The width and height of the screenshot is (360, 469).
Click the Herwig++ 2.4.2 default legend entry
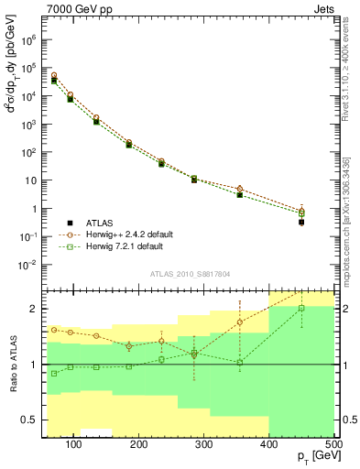[x=118, y=234]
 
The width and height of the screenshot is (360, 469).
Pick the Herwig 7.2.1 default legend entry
[x=115, y=246]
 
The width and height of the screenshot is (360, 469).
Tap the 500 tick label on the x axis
[x=333, y=446]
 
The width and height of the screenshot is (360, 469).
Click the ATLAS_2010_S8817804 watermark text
[x=190, y=273]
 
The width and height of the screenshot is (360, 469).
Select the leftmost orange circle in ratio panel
[x=54, y=330]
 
